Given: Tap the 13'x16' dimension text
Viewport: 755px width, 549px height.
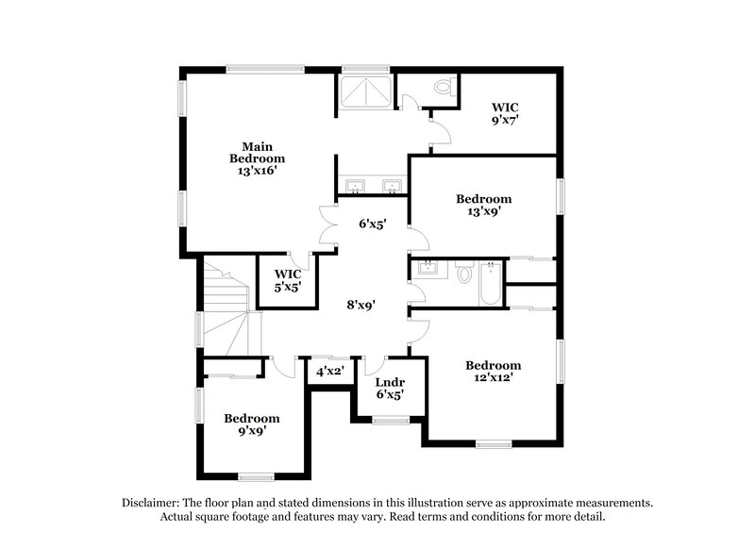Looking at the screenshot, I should (257, 171).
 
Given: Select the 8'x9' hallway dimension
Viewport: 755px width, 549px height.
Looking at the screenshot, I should (361, 305).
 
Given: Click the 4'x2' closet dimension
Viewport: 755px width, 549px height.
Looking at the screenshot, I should (330, 372).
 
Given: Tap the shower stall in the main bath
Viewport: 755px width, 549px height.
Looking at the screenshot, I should (367, 91).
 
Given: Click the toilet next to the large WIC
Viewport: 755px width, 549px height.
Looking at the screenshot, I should (444, 88).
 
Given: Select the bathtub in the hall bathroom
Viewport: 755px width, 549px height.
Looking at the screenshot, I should (490, 284).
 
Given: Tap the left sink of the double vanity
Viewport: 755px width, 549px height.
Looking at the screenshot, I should (356, 184).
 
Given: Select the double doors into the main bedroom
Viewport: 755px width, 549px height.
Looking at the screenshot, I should (327, 226).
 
